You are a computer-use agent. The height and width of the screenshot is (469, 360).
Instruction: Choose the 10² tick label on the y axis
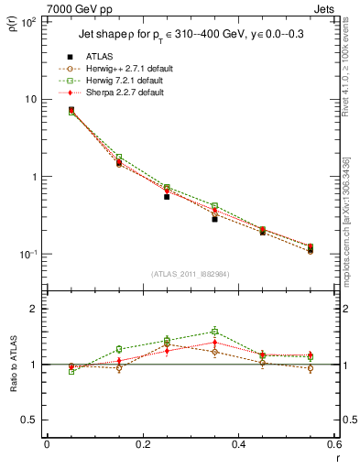[27, 21]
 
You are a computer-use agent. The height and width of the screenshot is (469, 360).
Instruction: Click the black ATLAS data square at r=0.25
[167, 196]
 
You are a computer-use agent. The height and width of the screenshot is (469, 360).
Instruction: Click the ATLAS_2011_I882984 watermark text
[191, 274]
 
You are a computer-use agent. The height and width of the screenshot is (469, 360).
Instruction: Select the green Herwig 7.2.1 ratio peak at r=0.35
[214, 332]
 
